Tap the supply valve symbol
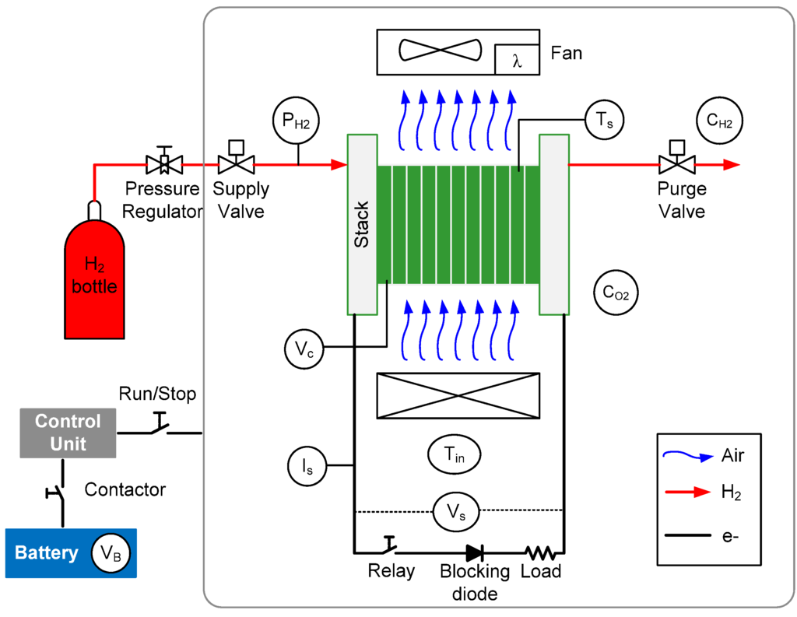click(x=237, y=157)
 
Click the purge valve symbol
click(x=677, y=157)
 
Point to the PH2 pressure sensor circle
click(x=297, y=121)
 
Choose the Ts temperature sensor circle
click(x=604, y=120)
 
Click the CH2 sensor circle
click(x=719, y=121)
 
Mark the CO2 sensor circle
click(x=616, y=293)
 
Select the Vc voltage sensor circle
click(x=304, y=349)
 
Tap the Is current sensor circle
click(x=307, y=465)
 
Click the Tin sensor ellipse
click(x=455, y=454)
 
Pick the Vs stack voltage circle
click(x=456, y=511)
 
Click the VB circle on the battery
click(x=111, y=553)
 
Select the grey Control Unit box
click(x=68, y=433)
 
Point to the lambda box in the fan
click(x=517, y=59)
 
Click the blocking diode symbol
click(x=475, y=553)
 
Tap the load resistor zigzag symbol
click(x=541, y=552)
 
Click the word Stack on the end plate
click(x=361, y=225)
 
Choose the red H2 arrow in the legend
click(x=688, y=492)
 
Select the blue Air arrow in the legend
click(x=688, y=455)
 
